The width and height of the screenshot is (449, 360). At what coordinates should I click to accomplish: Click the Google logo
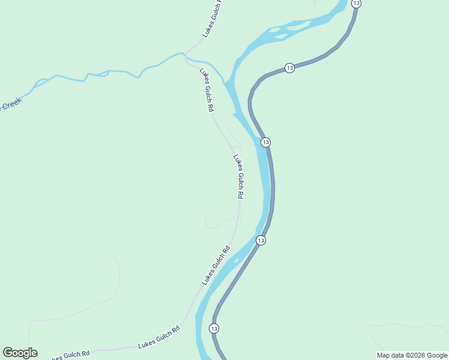(20, 353)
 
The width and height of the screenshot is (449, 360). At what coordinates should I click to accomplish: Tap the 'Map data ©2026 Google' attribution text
(412, 355)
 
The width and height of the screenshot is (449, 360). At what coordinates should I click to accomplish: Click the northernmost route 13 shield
(357, 4)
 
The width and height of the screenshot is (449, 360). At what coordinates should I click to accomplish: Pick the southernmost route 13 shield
(214, 328)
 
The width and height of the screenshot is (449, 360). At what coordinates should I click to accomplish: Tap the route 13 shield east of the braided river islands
(290, 68)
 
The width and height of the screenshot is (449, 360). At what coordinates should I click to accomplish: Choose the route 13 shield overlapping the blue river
(265, 142)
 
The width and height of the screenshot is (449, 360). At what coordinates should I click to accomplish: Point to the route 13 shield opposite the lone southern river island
(261, 240)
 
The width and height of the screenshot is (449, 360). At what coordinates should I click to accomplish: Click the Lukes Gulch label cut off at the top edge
(212, 19)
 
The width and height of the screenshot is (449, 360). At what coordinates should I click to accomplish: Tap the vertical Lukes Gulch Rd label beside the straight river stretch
(238, 177)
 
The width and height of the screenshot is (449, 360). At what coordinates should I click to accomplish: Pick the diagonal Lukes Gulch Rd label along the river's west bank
(216, 265)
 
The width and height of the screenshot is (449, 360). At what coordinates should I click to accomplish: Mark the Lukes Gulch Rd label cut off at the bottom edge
(69, 356)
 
